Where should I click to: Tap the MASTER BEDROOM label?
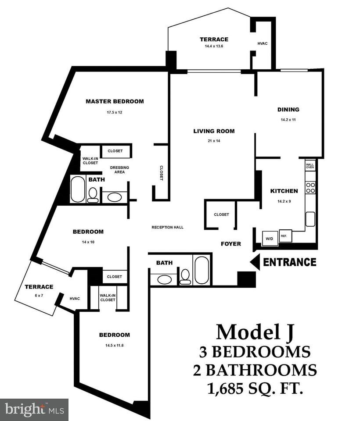[x=115, y=101]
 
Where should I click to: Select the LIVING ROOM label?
[x=214, y=131]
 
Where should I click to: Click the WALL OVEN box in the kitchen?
[x=310, y=165]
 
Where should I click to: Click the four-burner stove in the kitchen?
[x=310, y=188]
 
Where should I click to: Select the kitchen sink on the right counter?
[x=310, y=218]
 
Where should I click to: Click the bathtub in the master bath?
[x=78, y=189]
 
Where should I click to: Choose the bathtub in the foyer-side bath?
[x=202, y=269]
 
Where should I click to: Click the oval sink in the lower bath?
[x=164, y=279]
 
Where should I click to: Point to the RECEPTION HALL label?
[x=167, y=227]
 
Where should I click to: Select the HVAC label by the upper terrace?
[x=263, y=43]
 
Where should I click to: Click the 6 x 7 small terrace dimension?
[x=39, y=296]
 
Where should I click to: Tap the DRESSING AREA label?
[x=119, y=170]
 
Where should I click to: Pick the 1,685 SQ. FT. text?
[x=255, y=388]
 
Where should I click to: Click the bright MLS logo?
[x=33, y=410]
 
